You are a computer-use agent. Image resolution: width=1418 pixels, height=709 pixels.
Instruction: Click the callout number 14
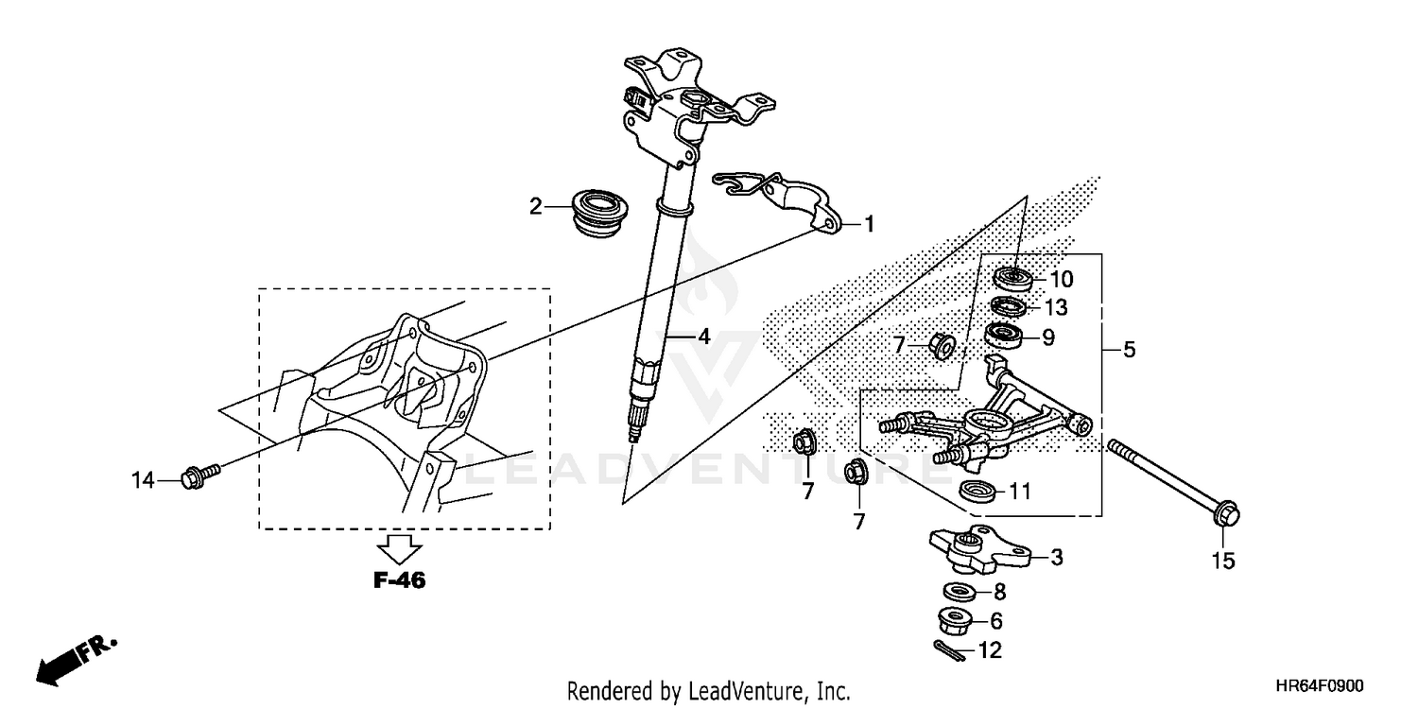tap(142, 481)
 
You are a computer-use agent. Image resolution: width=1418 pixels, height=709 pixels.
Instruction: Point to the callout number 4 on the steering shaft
tap(703, 336)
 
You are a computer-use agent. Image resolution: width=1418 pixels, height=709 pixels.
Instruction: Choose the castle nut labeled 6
tap(956, 621)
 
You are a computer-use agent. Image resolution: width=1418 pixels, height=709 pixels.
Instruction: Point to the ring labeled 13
tap(1008, 307)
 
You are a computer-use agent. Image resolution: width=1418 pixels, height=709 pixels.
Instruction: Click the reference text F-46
tap(399, 581)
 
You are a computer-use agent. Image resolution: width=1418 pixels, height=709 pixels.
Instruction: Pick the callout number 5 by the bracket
tap(1129, 350)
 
